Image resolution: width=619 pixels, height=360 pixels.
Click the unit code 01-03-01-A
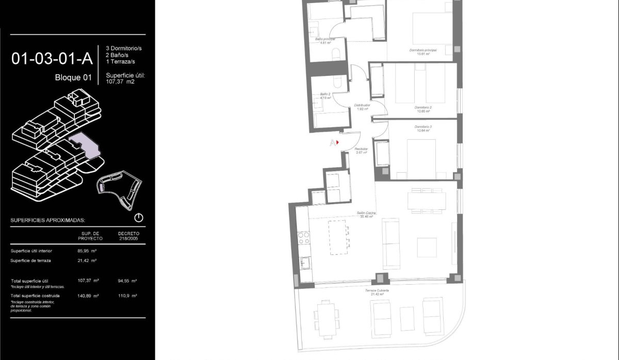[x=52, y=59]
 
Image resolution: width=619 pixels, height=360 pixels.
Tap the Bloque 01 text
[x=73, y=78]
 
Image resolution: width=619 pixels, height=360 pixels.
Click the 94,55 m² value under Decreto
[x=127, y=281]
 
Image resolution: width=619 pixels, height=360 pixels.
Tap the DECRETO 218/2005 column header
[x=128, y=236]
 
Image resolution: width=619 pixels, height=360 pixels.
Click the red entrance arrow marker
[x=337, y=142]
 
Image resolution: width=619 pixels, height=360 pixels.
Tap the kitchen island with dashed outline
[x=338, y=237]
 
